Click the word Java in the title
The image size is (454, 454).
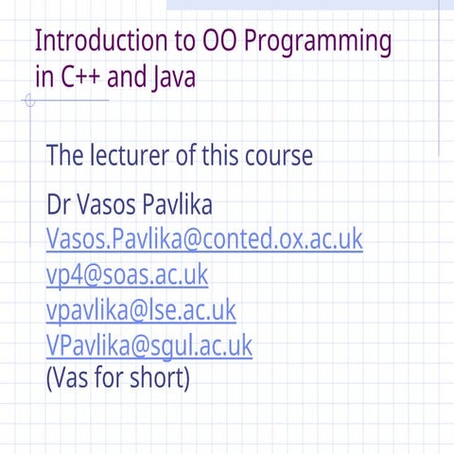[173, 78]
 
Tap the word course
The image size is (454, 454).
[276, 155]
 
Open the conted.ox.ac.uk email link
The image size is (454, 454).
[203, 239]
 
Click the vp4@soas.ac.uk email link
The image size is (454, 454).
[127, 274]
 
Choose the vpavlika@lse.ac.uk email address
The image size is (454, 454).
[141, 309]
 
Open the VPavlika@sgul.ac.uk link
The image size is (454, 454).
[148, 344]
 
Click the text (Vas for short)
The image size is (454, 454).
[118, 378]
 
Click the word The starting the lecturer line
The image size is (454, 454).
[65, 155]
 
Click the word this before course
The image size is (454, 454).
[214, 155]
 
